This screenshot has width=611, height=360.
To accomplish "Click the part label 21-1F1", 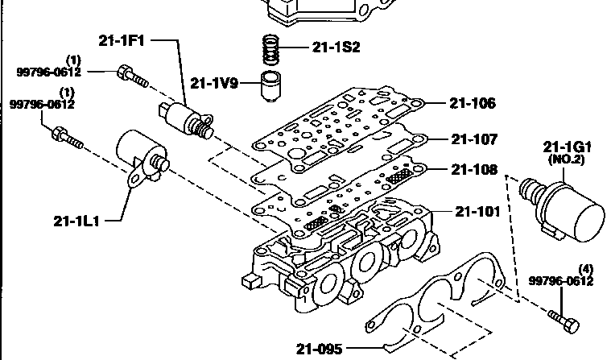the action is click(122, 40).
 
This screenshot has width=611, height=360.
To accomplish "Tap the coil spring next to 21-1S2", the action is click(271, 50).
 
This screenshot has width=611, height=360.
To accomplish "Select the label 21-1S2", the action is click(336, 48).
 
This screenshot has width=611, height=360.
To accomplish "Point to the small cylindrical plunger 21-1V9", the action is click(270, 86).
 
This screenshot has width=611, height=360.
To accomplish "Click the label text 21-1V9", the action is click(214, 83).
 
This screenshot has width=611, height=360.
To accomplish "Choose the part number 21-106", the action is click(473, 103).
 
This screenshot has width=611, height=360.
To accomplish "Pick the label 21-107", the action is click(474, 139).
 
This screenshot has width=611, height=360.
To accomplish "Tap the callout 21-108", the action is click(474, 169).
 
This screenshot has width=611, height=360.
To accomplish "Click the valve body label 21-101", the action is click(477, 211).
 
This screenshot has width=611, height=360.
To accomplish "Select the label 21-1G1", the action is click(567, 147).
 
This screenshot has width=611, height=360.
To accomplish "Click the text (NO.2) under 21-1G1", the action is click(566, 159).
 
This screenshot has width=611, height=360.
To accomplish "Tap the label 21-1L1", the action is click(76, 221).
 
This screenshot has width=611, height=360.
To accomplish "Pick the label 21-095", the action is click(319, 349).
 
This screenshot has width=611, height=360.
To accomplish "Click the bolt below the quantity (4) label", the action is click(564, 321).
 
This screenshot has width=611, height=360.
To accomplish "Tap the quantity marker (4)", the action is click(586, 269).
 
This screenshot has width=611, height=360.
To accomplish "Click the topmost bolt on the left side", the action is click(133, 77).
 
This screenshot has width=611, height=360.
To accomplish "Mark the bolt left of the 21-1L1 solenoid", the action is click(68, 138).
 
